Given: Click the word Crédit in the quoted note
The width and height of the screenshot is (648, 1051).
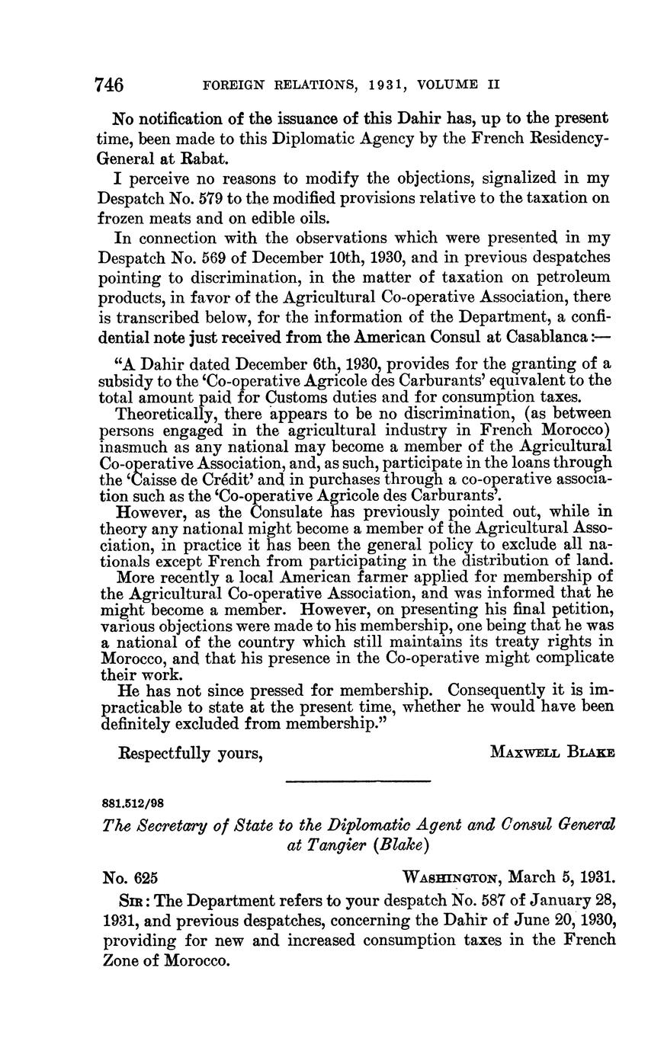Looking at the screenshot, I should [218, 479].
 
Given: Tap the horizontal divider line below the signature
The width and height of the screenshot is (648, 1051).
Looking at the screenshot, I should [358, 780].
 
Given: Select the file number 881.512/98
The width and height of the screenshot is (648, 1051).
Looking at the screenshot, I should [133, 803].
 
